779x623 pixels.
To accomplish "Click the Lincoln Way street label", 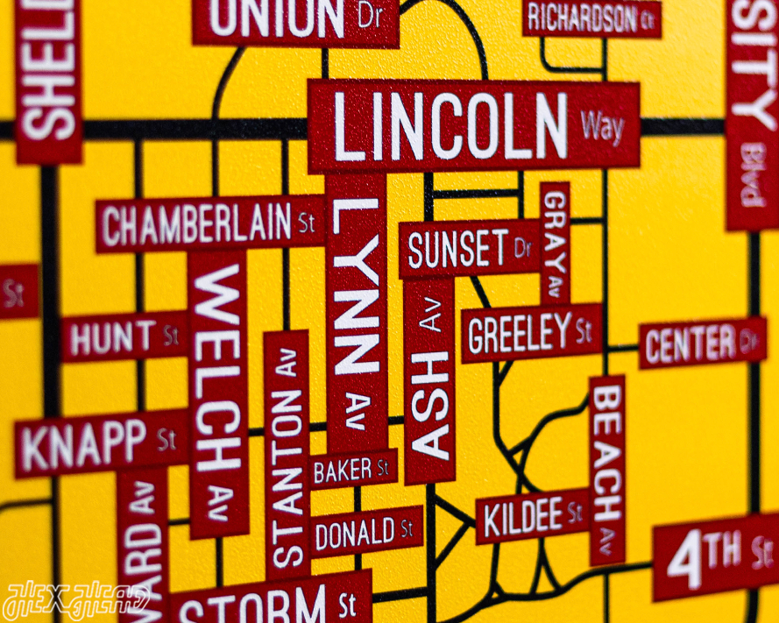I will [473, 125].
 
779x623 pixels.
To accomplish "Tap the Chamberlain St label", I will [209, 224].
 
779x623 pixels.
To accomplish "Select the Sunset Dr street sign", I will [470, 250].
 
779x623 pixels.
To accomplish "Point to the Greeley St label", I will [531, 334].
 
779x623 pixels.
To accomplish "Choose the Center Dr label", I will [702, 343].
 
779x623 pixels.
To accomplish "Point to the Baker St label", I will [351, 470].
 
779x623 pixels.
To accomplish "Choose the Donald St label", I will [365, 531].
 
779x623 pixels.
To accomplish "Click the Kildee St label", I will [533, 517].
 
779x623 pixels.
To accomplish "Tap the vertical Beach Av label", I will [607, 469].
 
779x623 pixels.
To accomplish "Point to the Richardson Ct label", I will [591, 17].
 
